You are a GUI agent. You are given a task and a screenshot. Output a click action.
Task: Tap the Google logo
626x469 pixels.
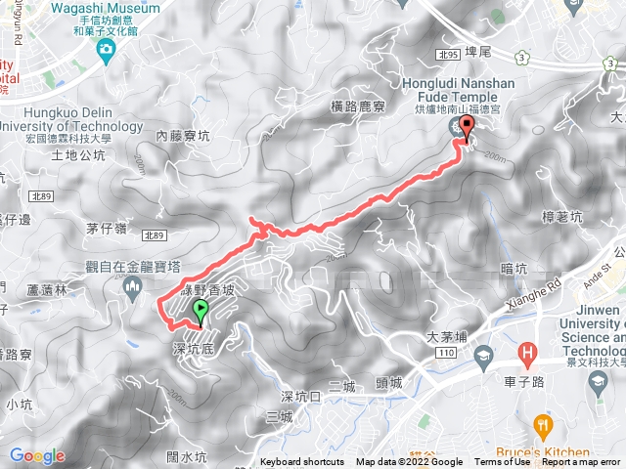coord(37,455)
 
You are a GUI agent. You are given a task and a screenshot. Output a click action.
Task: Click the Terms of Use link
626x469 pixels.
coord(502,462)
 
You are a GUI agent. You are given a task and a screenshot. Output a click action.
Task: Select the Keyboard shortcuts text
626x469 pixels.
coord(302,462)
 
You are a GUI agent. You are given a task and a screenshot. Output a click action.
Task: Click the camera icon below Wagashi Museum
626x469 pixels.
coord(105,48)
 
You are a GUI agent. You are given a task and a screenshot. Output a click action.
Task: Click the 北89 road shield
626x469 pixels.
coord(153,234)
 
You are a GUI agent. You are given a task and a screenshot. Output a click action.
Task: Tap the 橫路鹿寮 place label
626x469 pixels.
coord(357,106)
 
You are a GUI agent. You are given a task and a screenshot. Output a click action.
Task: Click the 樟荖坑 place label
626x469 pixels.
coord(561,217)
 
